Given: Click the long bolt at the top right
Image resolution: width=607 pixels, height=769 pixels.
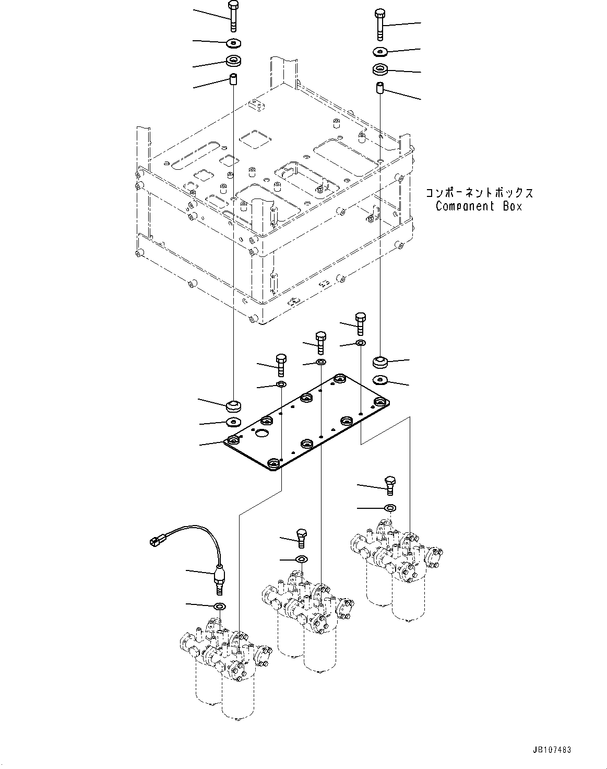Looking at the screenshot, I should [379, 24].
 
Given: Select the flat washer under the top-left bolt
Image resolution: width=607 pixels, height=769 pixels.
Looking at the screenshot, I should [233, 42].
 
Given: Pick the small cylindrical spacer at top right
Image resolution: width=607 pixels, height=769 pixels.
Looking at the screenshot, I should [380, 88].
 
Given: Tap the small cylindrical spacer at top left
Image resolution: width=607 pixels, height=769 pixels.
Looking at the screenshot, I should [233, 80].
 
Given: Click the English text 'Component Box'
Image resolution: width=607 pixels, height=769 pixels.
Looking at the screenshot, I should [479, 206].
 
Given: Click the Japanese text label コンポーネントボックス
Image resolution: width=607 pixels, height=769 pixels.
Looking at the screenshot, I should [479, 193].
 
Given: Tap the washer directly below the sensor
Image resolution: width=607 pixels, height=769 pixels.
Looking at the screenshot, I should [220, 606].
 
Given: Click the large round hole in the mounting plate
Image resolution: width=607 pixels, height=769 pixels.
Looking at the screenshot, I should [260, 433].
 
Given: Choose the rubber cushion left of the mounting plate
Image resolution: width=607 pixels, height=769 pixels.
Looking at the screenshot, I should [233, 405].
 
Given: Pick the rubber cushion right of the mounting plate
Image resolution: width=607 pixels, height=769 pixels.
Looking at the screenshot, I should [380, 361].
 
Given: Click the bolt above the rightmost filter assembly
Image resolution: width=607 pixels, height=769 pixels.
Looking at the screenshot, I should [389, 485].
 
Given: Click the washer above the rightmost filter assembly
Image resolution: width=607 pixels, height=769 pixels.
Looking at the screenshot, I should [389, 507].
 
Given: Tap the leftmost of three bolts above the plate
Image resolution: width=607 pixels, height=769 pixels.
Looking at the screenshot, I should [281, 364].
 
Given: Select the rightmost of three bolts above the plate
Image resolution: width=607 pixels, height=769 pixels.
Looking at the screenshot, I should [360, 323].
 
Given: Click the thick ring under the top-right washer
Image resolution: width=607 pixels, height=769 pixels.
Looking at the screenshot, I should [380, 69].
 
